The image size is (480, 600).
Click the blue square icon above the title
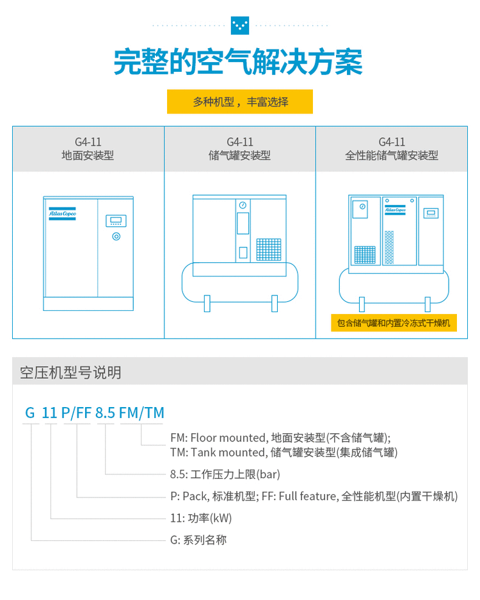tap(239, 26)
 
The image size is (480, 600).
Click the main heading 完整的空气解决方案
tap(239, 62)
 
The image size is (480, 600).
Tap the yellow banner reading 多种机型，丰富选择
tap(240, 102)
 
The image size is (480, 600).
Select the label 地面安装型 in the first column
tap(88, 156)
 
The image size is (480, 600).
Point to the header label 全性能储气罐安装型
tap(391, 156)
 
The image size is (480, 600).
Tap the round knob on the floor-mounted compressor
tap(116, 237)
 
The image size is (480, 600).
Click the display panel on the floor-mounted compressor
tap(116, 221)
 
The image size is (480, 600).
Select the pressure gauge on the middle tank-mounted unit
tap(243, 205)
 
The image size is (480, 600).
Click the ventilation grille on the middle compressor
tap(269, 249)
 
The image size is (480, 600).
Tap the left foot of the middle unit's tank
tap(207, 303)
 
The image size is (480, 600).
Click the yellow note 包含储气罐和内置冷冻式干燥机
tap(394, 322)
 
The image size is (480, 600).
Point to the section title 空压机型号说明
tap(70, 372)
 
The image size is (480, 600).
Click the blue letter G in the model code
tap(30, 413)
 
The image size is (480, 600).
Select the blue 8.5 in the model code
tap(105, 413)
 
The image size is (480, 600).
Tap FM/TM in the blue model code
tap(141, 413)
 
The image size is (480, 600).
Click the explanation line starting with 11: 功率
tap(201, 518)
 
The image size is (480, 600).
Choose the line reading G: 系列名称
tap(198, 540)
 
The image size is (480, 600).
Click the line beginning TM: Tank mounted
tap(284, 453)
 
